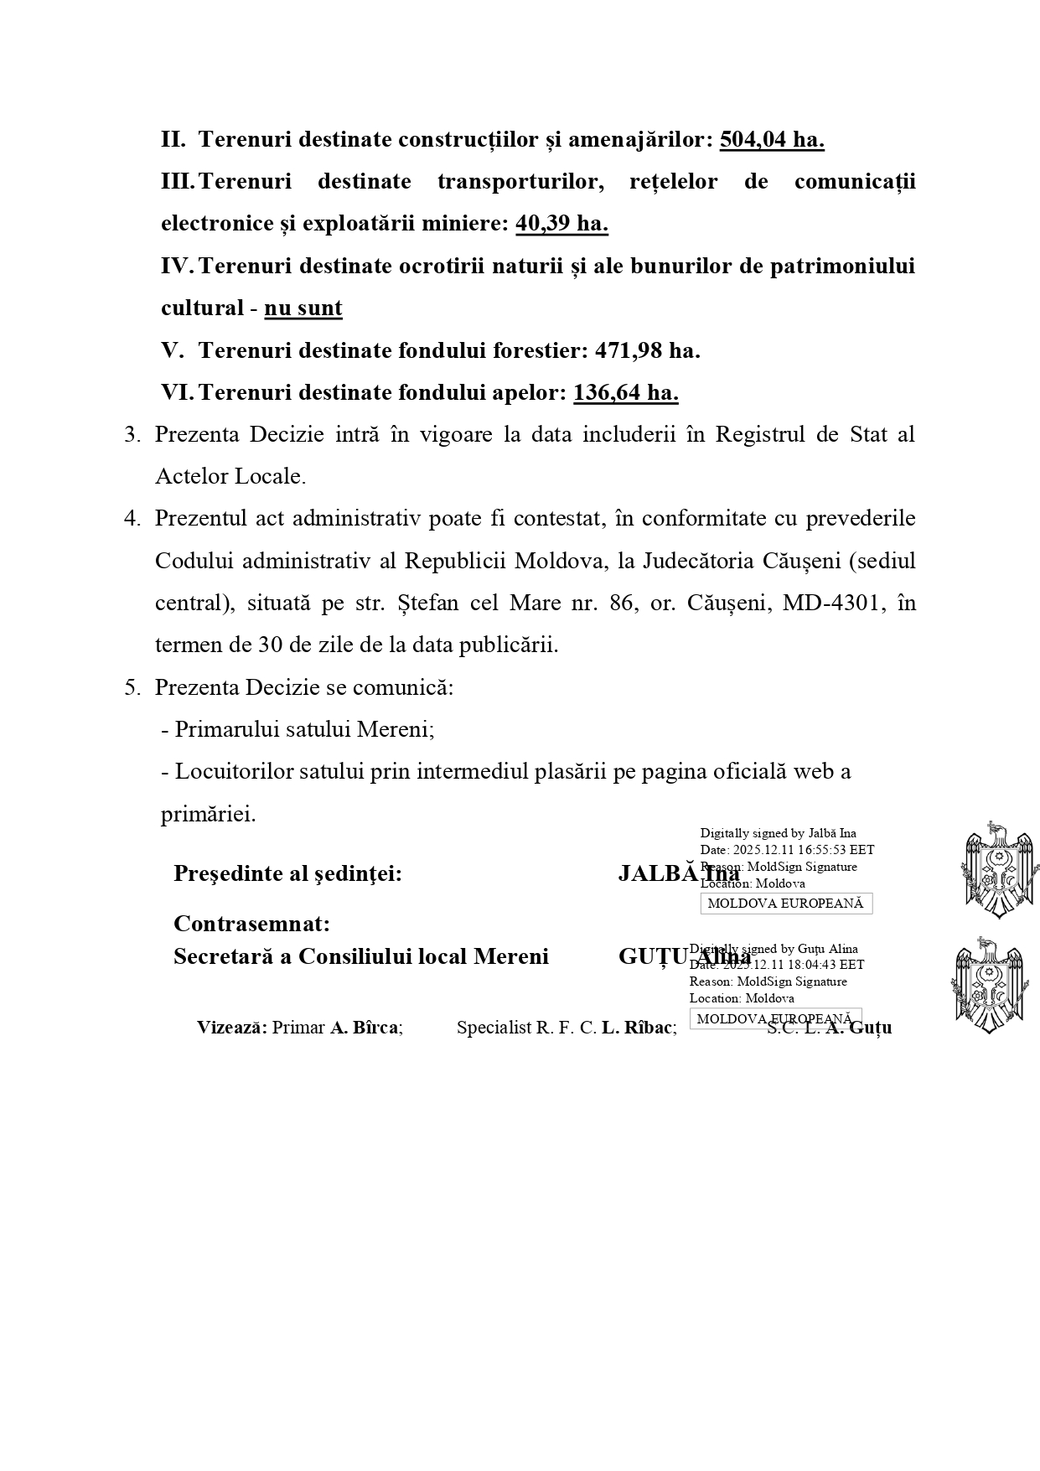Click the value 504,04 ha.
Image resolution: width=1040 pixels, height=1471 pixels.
pos(772,139)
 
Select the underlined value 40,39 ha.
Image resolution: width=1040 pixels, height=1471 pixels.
pos(561,224)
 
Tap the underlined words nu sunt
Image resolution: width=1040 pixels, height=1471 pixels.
pos(303,308)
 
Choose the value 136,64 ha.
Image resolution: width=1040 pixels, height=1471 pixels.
pos(625,392)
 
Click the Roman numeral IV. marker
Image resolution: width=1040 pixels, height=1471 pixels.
pos(177,267)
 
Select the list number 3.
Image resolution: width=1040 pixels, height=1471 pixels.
pos(132,435)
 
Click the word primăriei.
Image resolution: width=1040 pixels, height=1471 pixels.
pos(208,814)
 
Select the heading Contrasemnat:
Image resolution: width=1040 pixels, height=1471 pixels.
pos(251,924)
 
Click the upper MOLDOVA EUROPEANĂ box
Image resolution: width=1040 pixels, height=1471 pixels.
pos(786,904)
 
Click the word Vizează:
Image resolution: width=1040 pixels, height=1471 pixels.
pos(232,1028)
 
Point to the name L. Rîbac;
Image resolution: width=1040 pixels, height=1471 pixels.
pos(639,1028)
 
